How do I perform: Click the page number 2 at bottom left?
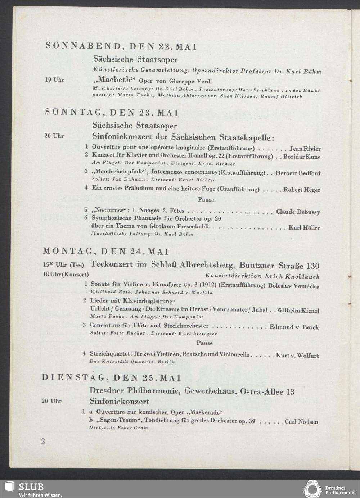(43, 441)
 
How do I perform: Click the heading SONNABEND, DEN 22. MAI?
(121, 46)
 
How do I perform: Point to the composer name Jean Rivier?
(305, 149)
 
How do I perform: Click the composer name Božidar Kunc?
(302, 157)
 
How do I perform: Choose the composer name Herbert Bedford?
(298, 173)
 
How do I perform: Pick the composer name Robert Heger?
(302, 190)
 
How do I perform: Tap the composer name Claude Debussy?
(298, 212)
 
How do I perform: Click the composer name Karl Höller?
(304, 228)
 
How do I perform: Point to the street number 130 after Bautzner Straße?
(312, 266)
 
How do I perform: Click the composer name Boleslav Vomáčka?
(294, 286)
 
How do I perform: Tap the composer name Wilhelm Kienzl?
(298, 310)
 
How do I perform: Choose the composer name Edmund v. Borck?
(294, 327)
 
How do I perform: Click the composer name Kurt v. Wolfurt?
(297, 356)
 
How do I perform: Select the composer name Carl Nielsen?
(301, 422)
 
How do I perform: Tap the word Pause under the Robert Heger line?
(206, 200)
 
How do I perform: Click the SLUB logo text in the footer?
(31, 487)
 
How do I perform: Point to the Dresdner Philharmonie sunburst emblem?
(312, 489)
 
